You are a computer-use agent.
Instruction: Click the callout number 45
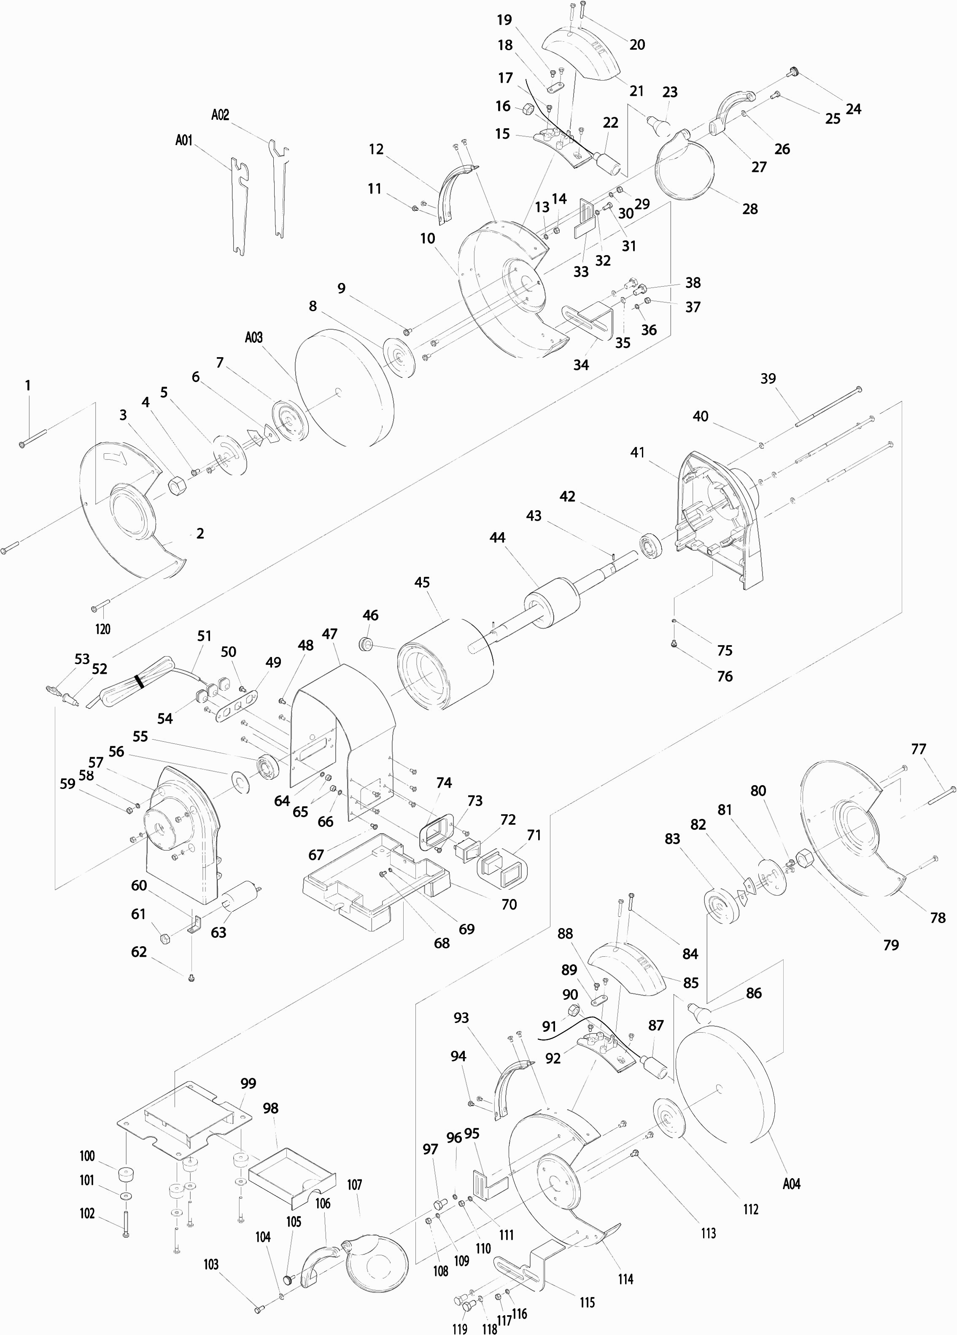tap(422, 582)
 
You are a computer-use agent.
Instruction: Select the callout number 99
tap(248, 1084)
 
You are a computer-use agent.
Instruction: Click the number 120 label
tap(102, 629)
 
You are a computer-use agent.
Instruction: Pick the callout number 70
tap(509, 904)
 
